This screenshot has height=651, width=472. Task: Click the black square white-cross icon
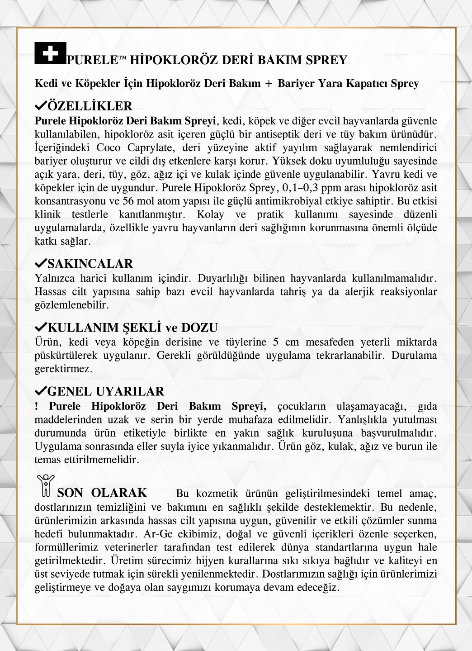50,53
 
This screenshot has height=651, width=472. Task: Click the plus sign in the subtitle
269,84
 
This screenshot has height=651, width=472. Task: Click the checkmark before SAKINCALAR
40,263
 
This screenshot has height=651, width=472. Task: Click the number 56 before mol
128,201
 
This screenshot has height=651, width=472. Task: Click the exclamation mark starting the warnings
37,406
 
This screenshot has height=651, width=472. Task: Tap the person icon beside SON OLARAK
46,485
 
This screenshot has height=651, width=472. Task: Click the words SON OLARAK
102,493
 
